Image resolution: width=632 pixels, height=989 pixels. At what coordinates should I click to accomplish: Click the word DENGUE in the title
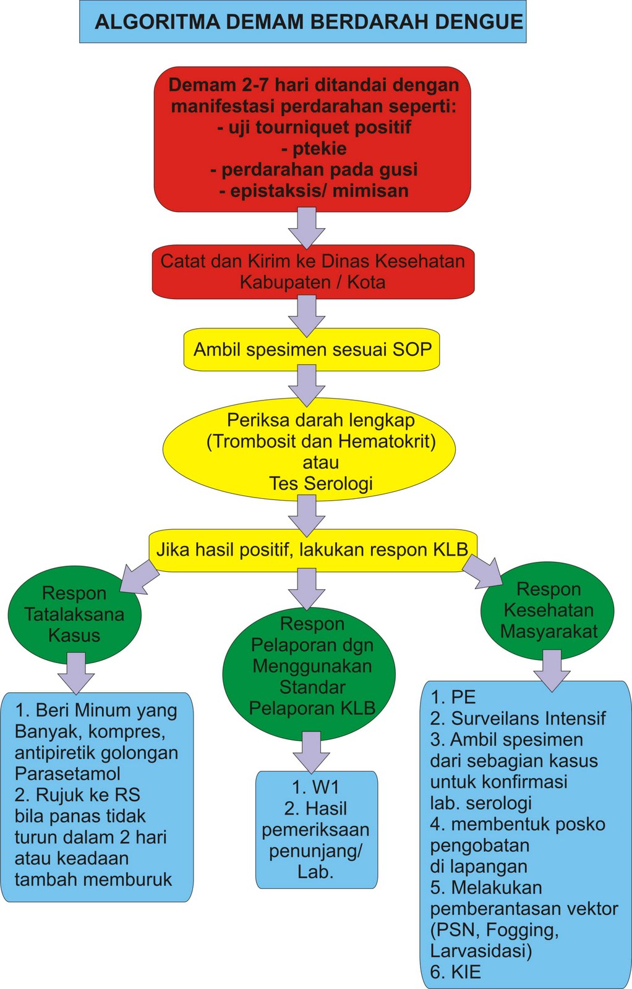479,23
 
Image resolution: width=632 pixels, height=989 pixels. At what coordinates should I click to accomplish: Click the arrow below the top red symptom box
307,227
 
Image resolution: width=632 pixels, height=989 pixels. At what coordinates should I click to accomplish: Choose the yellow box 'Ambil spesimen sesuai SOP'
312,350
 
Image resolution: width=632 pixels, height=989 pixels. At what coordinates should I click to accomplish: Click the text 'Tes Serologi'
321,483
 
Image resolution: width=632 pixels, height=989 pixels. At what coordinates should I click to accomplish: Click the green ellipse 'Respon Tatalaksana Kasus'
74,614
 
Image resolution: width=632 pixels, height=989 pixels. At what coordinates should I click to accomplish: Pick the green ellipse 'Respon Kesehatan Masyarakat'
548,610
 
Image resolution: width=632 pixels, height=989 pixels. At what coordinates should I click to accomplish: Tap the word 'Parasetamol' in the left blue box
67,774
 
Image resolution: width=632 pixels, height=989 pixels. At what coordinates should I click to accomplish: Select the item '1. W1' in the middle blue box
316,787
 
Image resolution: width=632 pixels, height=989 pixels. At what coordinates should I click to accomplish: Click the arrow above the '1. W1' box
311,750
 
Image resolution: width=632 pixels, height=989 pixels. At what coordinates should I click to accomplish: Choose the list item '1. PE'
453,697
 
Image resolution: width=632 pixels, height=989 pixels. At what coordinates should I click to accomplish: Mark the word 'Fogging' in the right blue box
521,930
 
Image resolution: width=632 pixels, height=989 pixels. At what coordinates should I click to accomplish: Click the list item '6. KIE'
456,972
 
